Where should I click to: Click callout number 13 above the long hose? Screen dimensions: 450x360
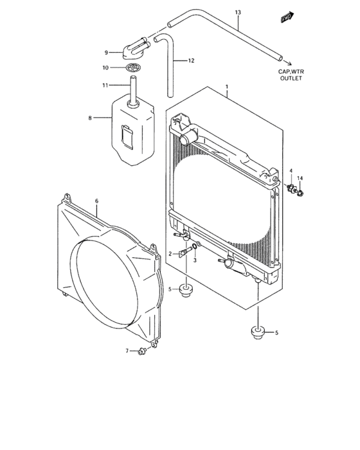pos(238,12)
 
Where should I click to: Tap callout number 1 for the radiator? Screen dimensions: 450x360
pos(226,85)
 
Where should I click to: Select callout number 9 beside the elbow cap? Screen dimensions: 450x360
pos(107,53)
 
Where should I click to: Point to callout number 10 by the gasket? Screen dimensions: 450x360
pos(106,67)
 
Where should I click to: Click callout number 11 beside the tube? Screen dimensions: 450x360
pos(106,84)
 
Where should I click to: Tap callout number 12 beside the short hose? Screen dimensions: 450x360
pos(191,60)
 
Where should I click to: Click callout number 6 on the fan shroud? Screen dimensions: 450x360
pos(96,201)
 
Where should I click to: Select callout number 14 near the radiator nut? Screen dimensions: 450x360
pos(300,178)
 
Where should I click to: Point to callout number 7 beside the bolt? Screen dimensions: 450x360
pos(127,350)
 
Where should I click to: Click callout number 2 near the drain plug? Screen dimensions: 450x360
pos(170,255)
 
